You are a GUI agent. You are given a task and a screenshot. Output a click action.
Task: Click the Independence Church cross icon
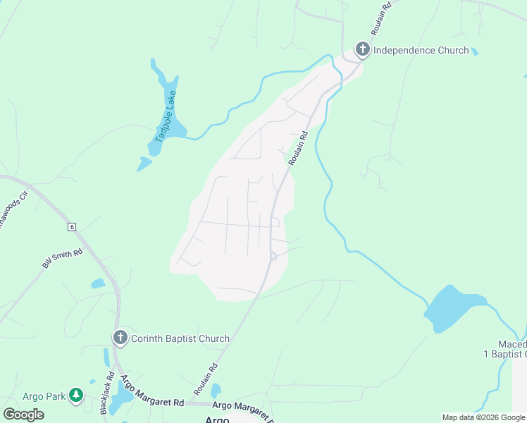click(362, 49)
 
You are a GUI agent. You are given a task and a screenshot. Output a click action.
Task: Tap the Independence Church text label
click(421, 50)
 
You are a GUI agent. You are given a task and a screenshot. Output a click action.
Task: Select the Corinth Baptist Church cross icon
click(120, 338)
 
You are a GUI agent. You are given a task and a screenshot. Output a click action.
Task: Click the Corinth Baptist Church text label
click(180, 338)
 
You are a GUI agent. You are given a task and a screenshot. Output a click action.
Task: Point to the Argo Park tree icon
click(75, 396)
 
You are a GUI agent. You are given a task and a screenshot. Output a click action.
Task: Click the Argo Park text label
click(44, 396)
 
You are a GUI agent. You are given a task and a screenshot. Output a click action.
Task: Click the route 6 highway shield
click(71, 226)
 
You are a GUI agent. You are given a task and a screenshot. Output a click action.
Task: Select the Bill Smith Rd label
click(62, 258)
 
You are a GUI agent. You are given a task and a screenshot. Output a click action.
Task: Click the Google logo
click(23, 414)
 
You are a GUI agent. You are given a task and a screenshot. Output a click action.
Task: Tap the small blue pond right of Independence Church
click(474, 51)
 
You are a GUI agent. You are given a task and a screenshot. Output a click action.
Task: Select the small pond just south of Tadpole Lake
click(144, 164)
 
